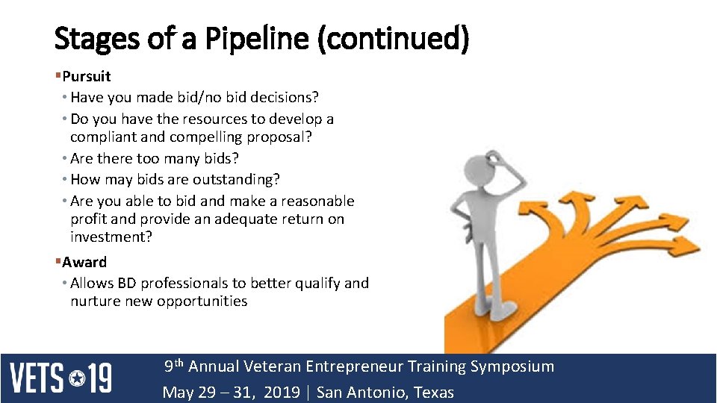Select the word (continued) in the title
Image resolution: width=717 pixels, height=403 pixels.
(x=393, y=39)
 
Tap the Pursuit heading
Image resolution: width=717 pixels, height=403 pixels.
(x=87, y=76)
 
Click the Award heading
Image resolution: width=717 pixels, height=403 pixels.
(x=84, y=262)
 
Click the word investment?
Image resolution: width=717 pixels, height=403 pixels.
(x=111, y=237)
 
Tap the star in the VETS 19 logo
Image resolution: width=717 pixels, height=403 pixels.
(x=78, y=378)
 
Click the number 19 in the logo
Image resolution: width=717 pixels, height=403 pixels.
(x=100, y=378)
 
